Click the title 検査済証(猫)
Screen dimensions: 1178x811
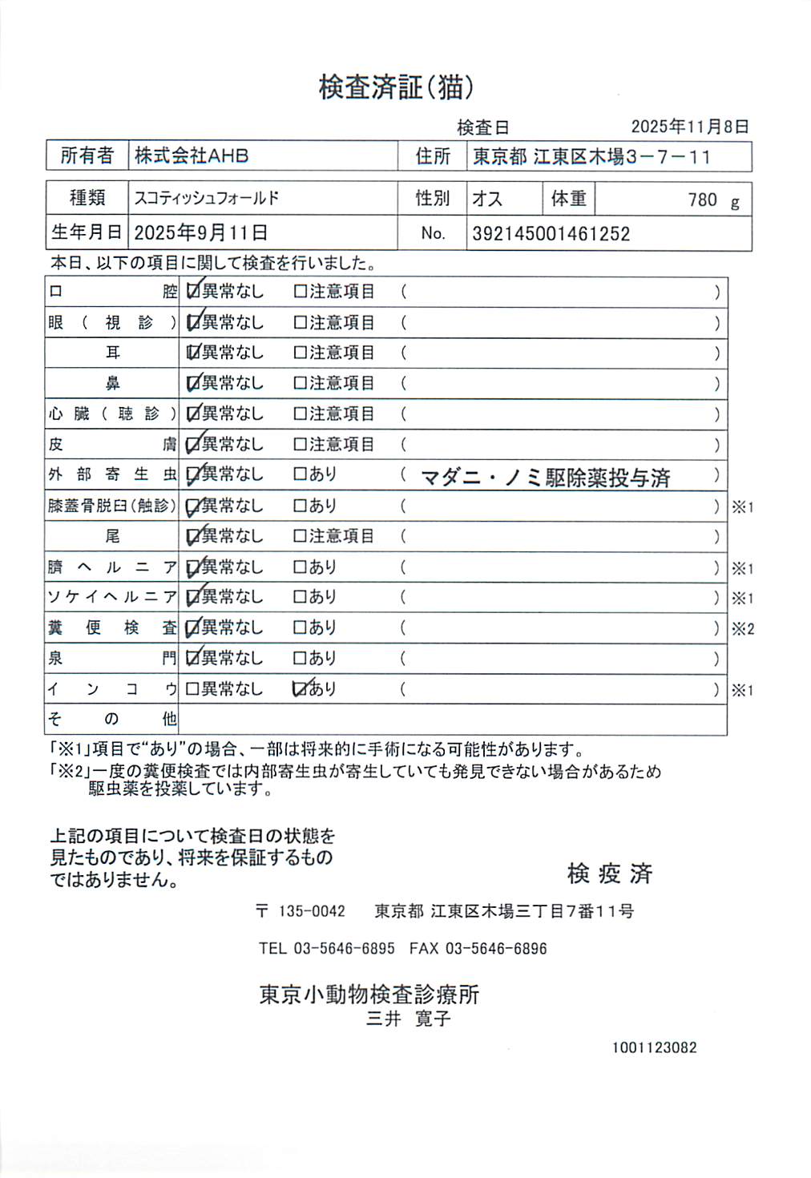[396, 87]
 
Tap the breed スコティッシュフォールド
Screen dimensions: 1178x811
[206, 198]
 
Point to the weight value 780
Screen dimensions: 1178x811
[702, 200]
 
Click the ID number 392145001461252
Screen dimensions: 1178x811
[551, 234]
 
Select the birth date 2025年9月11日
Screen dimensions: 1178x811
[200, 233]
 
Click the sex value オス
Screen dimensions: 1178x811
[487, 199]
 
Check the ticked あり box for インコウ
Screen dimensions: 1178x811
[301, 688]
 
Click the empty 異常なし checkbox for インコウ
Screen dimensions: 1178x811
[192, 688]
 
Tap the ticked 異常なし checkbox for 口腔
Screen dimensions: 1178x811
[192, 292]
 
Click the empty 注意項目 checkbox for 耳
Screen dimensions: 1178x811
[301, 353]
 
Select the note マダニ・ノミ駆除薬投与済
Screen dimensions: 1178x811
[545, 478]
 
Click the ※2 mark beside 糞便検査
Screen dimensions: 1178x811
[742, 629]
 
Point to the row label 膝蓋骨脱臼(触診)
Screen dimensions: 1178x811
[111, 506]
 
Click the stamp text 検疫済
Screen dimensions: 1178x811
[610, 873]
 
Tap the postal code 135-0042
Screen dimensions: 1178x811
[311, 911]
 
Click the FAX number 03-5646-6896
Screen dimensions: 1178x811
[495, 949]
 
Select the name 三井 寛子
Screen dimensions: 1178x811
[408, 1019]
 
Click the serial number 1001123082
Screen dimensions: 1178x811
[654, 1047]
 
